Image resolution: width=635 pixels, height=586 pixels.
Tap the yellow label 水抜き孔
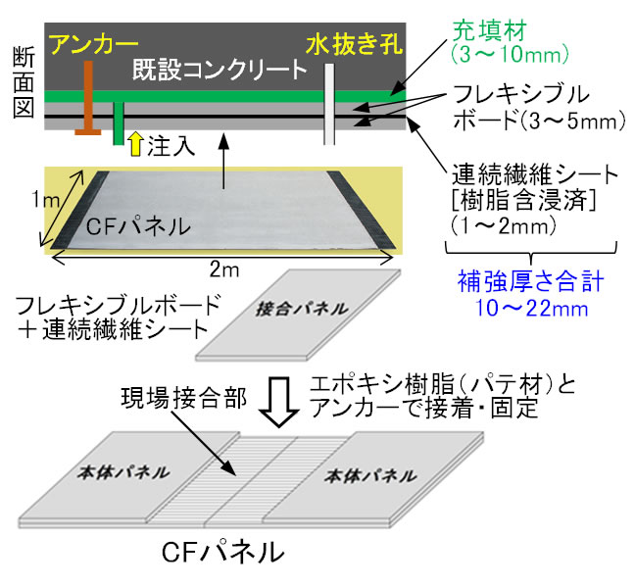[x=347, y=44]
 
